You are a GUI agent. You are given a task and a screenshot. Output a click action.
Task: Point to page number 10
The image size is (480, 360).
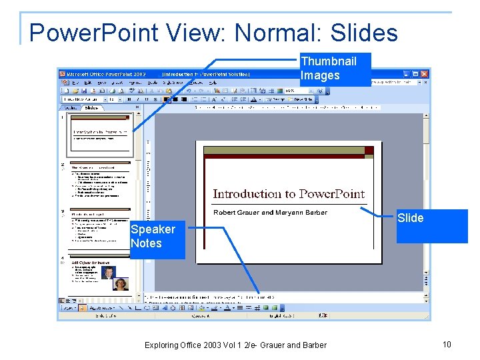coord(447,344)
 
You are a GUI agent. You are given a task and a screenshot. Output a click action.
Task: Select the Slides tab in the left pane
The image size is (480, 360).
coord(91,107)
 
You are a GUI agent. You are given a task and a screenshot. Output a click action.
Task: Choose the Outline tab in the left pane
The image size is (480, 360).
coord(69,107)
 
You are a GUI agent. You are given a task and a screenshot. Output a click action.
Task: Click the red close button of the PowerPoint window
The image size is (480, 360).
coord(424,73)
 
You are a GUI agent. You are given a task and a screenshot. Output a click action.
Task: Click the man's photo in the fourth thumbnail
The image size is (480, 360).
coord(109,272)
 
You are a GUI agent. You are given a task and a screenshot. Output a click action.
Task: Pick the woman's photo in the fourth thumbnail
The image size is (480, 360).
coord(121,285)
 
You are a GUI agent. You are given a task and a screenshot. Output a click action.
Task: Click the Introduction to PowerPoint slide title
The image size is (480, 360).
coord(289,194)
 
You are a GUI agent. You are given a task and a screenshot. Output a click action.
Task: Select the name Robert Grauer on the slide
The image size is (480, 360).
coord(236,213)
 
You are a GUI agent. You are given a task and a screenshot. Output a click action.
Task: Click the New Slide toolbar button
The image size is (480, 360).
coord(303,99)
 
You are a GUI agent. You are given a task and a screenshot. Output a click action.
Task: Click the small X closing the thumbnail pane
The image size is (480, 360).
coord(139,107)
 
